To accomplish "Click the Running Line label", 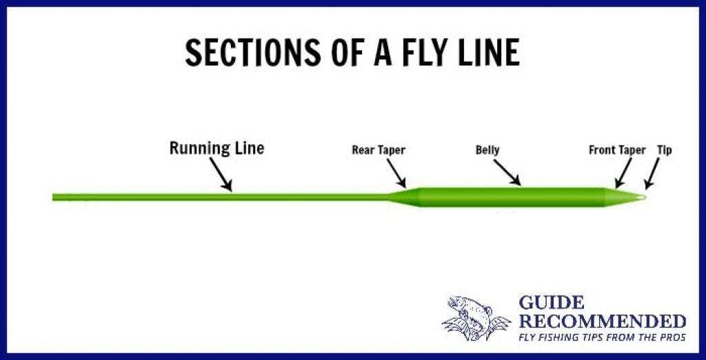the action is [x=216, y=148].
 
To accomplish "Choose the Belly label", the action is [x=487, y=150].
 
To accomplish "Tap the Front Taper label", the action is [x=617, y=150].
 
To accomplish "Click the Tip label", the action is [x=665, y=150].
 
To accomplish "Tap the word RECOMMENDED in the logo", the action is [x=602, y=321].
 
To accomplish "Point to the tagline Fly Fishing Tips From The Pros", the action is [x=602, y=339].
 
